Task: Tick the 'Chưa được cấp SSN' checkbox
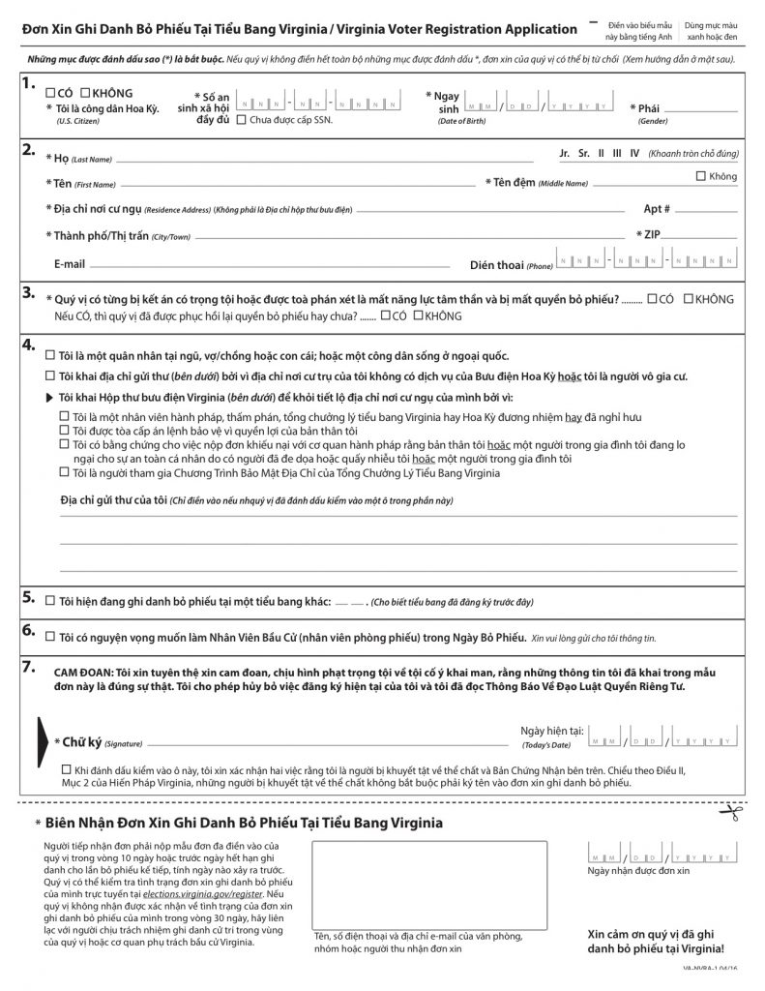[241, 121]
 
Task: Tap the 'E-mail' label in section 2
[70, 263]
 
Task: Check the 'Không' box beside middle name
[701, 175]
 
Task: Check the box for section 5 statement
[50, 601]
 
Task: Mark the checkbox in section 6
[50, 637]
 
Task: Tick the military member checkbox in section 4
[50, 354]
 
